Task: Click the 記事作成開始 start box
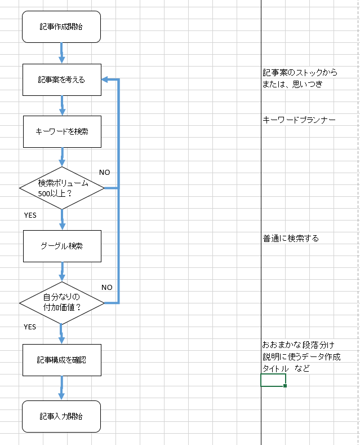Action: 61,27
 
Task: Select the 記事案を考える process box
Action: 61,80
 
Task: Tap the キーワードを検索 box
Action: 61,131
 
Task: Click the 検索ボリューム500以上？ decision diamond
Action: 61,188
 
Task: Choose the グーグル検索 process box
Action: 61,246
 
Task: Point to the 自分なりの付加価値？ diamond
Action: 61,303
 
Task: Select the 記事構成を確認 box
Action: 61,360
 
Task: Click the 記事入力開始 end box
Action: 61,417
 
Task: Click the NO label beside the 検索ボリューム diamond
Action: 105,171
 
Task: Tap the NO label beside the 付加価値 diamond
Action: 107,287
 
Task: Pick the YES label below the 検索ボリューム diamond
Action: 30,215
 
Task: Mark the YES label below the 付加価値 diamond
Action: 30,327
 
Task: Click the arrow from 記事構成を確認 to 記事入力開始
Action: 61,388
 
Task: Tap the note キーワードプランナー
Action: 299,120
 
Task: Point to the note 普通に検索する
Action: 290,238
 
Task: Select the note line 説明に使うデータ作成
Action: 301,356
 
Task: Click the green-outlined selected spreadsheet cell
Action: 273,380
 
